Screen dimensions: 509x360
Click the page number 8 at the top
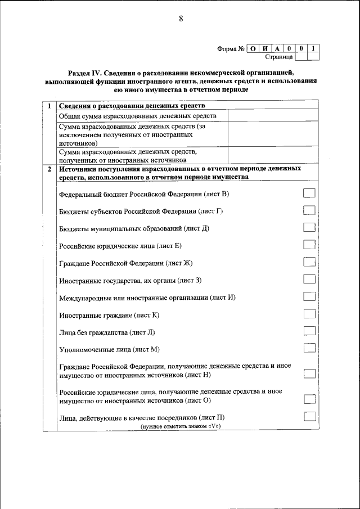click(x=181, y=19)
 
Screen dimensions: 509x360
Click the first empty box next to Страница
click(x=301, y=56)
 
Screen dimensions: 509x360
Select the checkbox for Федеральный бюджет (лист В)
click(x=309, y=193)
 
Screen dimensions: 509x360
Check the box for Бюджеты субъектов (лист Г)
click(x=309, y=210)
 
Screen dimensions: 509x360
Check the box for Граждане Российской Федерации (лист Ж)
click(x=309, y=262)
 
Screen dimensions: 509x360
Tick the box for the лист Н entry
click(x=309, y=373)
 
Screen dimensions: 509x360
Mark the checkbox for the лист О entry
click(x=309, y=399)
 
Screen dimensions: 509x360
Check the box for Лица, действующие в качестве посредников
click(x=309, y=417)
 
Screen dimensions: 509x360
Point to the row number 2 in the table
click(x=49, y=169)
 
